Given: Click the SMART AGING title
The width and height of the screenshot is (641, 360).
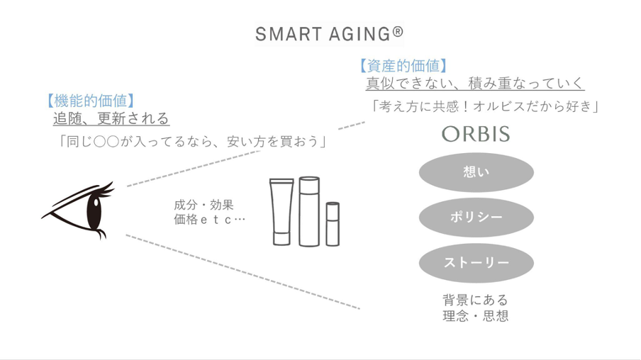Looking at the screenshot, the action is (329, 34).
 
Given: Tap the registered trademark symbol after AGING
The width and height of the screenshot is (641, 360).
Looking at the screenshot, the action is (398, 31).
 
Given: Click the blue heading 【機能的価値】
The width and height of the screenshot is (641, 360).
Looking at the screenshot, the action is (90, 101).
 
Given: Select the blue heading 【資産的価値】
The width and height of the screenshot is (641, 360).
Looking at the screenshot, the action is (403, 65).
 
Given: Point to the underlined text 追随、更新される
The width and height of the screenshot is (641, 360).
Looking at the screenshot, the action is (111, 118).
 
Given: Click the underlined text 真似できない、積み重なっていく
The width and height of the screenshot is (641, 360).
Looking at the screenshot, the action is (475, 84).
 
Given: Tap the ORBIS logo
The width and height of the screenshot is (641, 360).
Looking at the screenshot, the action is (476, 134).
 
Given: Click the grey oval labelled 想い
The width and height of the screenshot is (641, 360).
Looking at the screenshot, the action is (476, 172).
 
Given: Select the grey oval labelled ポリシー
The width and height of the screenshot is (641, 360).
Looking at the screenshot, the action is (476, 218).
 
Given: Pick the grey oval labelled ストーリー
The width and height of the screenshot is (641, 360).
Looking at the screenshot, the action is (476, 263).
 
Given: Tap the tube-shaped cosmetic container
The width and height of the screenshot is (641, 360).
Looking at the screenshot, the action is (282, 212).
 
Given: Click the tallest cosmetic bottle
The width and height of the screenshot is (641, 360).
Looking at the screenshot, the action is (309, 212).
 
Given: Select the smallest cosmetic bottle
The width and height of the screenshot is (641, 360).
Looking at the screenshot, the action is (333, 224).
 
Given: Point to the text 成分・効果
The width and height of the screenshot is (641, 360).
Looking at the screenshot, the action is (204, 205).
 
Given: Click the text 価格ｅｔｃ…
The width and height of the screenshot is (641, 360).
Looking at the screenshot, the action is (209, 220).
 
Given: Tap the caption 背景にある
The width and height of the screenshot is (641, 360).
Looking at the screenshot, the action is (476, 300).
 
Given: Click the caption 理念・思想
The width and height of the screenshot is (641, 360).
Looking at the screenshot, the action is (476, 316).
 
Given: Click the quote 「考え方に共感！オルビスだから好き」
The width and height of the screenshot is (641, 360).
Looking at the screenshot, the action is (485, 106).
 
